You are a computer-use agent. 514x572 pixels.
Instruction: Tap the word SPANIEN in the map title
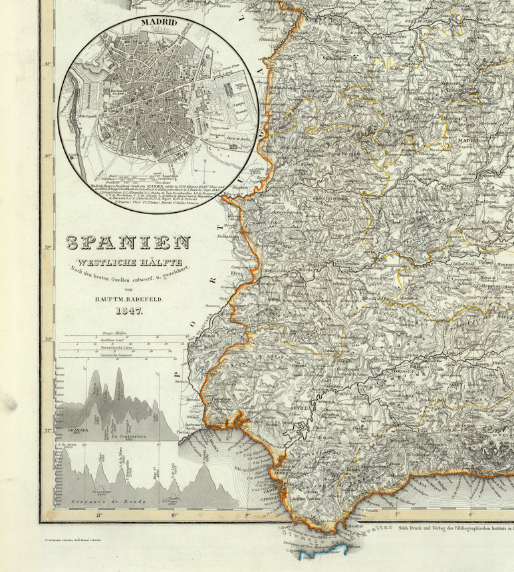127,243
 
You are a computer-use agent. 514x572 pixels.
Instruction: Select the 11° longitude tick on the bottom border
98,514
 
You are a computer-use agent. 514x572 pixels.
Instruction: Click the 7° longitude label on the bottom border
397,514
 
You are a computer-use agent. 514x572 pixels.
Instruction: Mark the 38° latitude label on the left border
48,339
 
